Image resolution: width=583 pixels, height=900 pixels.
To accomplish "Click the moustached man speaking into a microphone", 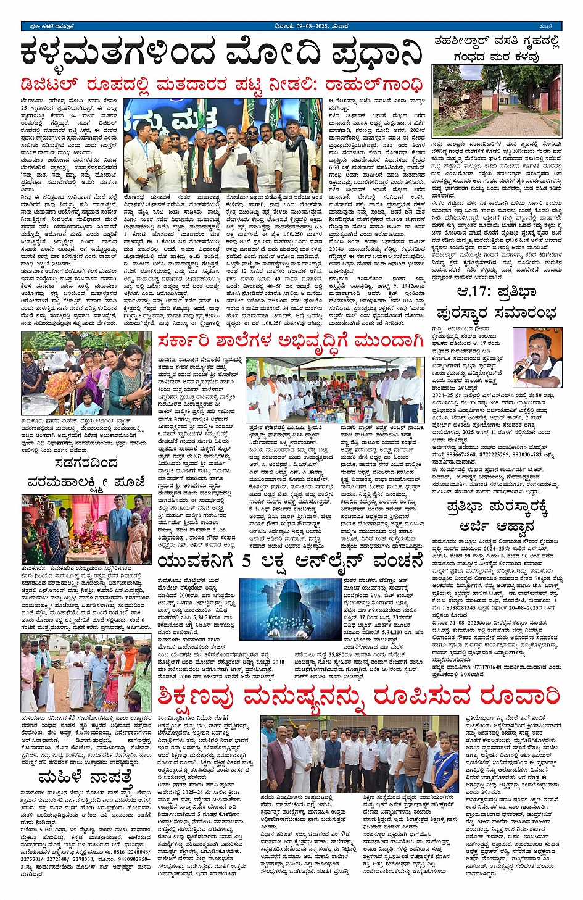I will point(536,359).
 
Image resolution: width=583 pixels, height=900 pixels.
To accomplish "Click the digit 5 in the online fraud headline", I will point(247,562).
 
